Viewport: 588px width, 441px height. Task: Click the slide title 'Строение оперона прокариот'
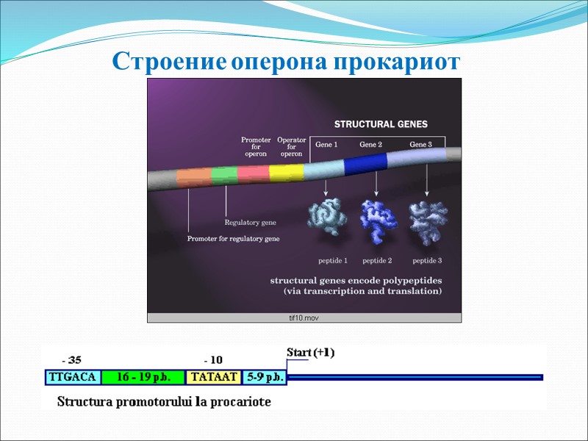(286, 62)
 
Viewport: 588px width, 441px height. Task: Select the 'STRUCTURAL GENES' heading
(381, 124)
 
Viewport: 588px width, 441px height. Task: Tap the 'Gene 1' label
(326, 145)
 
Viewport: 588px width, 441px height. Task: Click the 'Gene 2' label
(370, 145)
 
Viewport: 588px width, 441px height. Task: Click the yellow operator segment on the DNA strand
(287, 173)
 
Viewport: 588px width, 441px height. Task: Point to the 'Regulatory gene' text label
(250, 222)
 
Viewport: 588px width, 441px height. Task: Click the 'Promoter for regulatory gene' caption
(233, 239)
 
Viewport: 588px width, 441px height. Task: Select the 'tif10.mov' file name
(304, 318)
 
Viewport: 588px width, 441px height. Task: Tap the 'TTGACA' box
(72, 377)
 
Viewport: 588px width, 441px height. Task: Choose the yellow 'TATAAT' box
(213, 377)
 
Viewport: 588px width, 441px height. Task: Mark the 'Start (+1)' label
(310, 353)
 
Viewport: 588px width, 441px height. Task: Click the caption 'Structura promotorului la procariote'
(164, 402)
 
